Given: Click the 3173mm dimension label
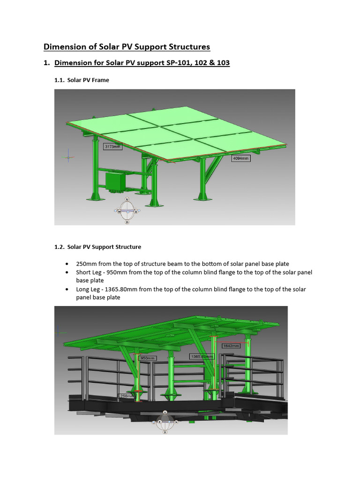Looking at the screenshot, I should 112,146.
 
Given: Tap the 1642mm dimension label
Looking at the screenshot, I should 232,346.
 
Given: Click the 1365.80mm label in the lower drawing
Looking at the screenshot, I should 202,356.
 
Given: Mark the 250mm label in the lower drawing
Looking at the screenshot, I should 127,396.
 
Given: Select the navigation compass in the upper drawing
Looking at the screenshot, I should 127,211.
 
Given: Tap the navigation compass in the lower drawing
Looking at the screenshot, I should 165,422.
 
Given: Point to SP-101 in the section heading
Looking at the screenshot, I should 187,62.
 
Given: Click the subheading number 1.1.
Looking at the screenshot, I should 60,80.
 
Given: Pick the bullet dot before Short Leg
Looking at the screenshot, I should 68,272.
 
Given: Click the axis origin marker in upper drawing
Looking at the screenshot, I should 68,157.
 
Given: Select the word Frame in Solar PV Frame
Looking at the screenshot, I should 100,80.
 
